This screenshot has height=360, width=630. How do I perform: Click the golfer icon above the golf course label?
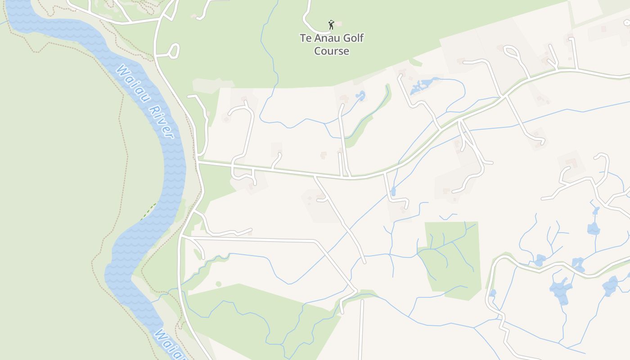pos(331,24)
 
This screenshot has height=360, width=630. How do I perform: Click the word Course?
pos(332,51)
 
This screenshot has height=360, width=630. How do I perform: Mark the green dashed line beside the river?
pos(148,211)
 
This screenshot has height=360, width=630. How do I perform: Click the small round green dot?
pos(218,284)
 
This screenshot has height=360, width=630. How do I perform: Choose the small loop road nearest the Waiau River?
pos(174,50)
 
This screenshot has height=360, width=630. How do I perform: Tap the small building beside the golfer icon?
pos(339,24)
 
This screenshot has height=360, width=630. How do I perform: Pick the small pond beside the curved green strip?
pos(360,95)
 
